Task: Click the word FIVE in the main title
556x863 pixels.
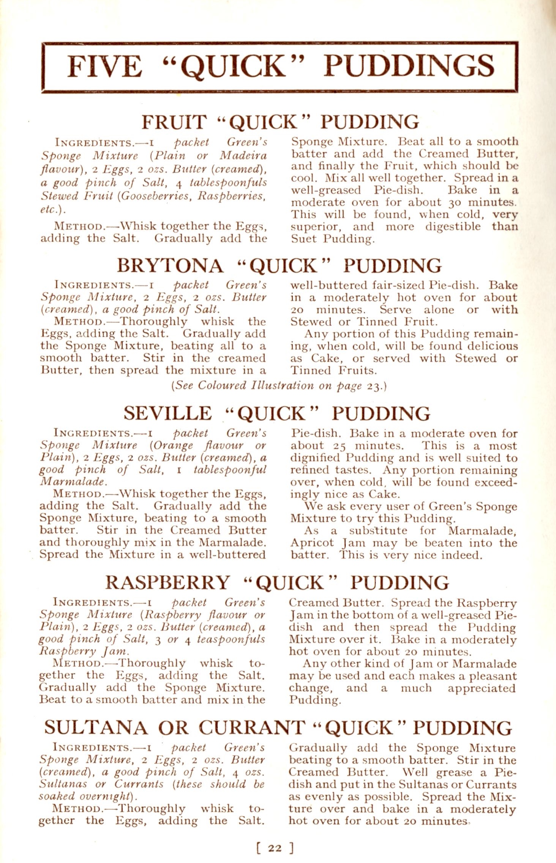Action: coord(104,66)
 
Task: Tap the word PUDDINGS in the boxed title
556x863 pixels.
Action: coord(409,66)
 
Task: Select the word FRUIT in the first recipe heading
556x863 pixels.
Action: coord(174,122)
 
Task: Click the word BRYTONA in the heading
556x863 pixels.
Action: coord(170,266)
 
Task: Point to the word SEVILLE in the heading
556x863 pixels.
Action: coord(167,414)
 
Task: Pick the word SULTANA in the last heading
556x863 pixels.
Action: coord(95,728)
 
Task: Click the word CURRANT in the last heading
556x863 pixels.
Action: coord(252,728)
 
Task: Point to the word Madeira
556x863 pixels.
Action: coord(243,156)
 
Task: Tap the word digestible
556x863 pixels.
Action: coord(453,227)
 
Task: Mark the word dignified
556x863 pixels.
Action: coord(315,458)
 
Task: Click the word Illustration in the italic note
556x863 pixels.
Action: coord(283,386)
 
